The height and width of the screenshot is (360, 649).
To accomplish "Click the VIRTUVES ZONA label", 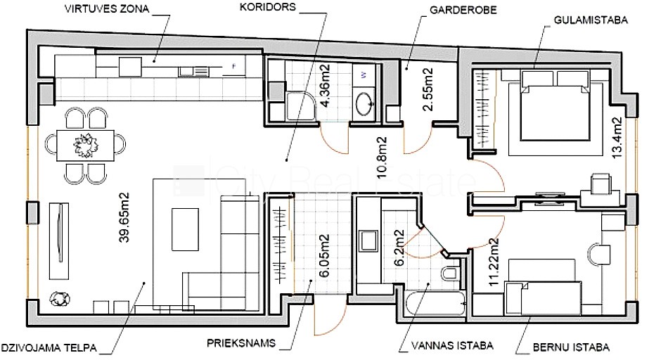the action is click(106, 9).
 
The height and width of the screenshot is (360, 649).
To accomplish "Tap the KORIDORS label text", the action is click(268, 7).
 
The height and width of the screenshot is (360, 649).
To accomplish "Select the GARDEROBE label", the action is click(463, 10).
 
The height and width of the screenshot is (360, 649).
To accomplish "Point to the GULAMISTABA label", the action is click(591, 20).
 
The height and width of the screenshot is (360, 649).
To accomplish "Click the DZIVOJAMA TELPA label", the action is click(49, 347).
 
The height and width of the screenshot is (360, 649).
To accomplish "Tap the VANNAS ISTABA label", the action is click(452, 345).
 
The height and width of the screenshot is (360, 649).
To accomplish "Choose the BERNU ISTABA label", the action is click(571, 347).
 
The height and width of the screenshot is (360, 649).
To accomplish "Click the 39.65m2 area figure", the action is click(124, 217).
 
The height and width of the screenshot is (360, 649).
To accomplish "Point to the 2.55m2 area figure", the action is click(428, 89).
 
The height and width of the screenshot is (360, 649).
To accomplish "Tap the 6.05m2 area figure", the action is click(325, 255).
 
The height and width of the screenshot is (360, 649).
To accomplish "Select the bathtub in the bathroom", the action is click(436, 304).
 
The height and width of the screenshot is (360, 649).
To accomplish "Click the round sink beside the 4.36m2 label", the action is click(365, 104).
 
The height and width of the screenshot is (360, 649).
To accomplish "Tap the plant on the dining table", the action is click(85, 146).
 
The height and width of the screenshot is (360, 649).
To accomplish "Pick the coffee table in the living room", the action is click(185, 229).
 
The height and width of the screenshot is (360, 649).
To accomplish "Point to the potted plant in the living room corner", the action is click(60, 298).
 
